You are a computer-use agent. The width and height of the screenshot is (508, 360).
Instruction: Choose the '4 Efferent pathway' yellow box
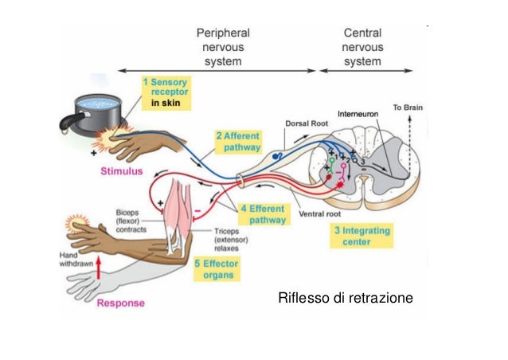[262, 213]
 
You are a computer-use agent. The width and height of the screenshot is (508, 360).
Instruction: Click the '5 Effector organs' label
[215, 268]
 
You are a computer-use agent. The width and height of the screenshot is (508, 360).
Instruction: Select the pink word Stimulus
[121, 170]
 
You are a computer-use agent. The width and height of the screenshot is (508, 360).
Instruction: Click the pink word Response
[121, 303]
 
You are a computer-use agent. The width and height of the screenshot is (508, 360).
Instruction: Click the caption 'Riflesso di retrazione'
[345, 299]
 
